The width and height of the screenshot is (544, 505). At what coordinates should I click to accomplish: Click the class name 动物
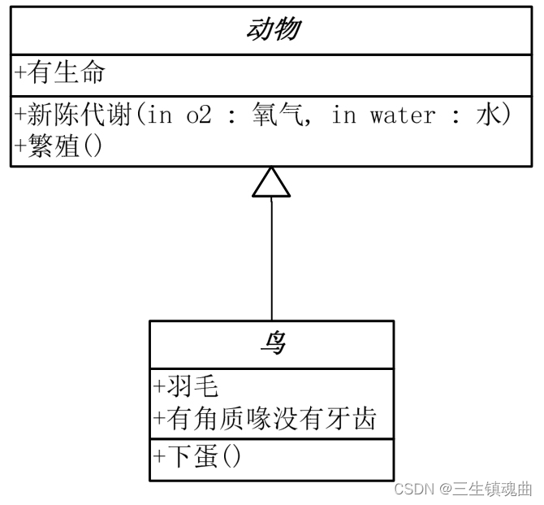click(x=271, y=30)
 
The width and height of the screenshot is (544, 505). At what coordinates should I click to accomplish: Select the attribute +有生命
click(x=61, y=73)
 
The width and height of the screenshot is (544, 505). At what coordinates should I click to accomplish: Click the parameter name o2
click(x=198, y=115)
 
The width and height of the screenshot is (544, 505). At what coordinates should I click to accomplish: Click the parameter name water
click(x=402, y=115)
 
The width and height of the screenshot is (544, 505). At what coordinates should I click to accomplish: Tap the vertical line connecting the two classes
click(x=271, y=260)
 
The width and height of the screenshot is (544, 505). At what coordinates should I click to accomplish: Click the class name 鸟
click(x=271, y=343)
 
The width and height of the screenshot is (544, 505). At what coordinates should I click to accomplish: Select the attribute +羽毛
click(x=185, y=385)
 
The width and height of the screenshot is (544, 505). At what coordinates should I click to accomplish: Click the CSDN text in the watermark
click(x=412, y=489)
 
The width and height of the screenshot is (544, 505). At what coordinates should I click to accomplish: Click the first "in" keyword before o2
click(x=160, y=115)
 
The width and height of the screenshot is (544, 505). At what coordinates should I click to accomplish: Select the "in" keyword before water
click(x=343, y=115)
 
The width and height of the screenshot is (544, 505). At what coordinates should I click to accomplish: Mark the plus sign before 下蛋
click(x=158, y=456)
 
